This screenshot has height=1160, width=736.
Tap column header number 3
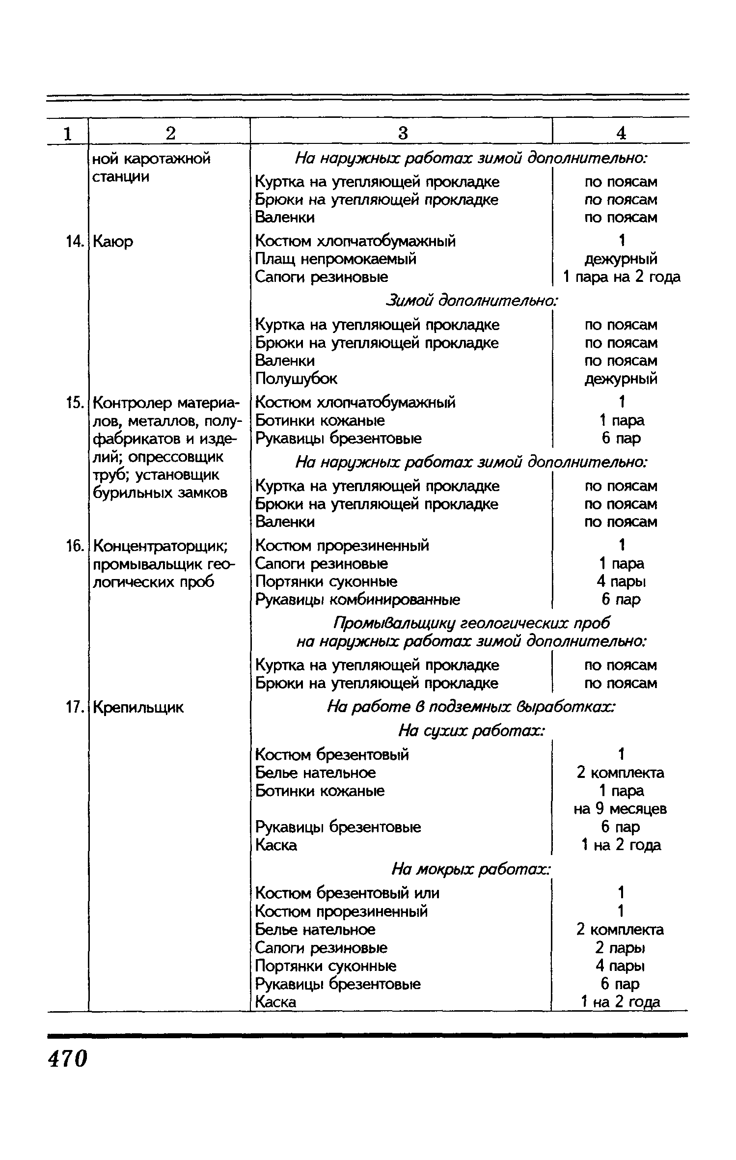click(x=403, y=133)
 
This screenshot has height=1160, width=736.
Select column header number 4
click(x=621, y=133)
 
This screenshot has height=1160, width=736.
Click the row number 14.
click(x=74, y=242)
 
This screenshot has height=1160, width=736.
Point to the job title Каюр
click(x=113, y=242)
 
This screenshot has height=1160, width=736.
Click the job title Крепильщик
click(x=138, y=707)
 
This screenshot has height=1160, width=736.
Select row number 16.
click(x=74, y=546)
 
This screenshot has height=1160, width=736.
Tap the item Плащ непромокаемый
click(x=336, y=259)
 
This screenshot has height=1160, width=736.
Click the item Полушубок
click(x=296, y=379)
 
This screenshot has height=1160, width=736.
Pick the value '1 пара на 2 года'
click(x=621, y=277)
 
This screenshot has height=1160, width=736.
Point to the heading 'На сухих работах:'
click(x=471, y=731)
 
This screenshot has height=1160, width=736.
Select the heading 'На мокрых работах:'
click(x=471, y=869)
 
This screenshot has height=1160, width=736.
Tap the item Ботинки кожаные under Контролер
click(x=320, y=420)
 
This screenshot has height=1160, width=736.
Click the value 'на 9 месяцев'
click(x=620, y=809)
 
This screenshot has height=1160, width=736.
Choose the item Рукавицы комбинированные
click(x=358, y=600)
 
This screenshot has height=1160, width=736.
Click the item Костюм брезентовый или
click(x=347, y=892)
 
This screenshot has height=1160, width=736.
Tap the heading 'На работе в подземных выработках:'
click(x=471, y=707)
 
